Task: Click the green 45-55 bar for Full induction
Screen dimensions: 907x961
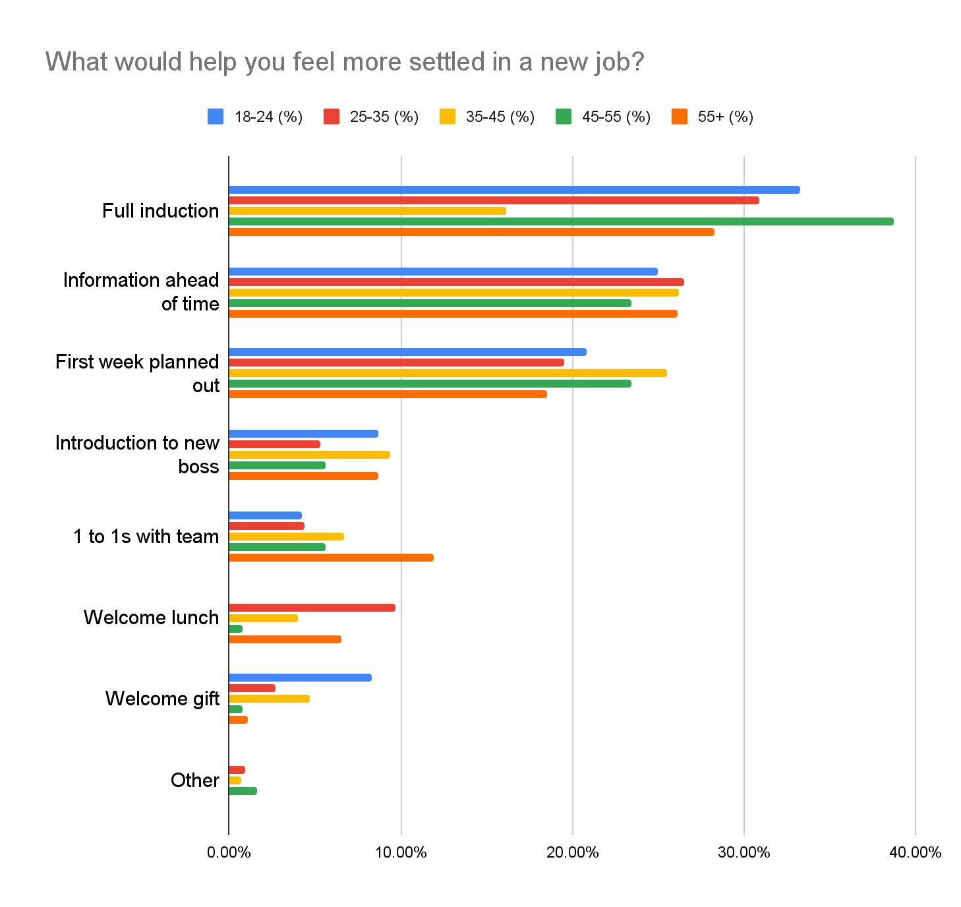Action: [x=560, y=221]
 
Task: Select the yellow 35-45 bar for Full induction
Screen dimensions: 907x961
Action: [x=367, y=211]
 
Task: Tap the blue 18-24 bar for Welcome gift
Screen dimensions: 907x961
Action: [x=300, y=678]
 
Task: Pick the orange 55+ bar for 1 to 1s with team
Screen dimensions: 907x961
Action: [x=331, y=558]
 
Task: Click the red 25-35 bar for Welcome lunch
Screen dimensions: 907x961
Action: [x=312, y=608]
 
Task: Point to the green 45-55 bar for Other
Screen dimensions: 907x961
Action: [x=243, y=791]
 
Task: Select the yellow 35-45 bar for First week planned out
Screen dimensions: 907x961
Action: [x=448, y=373]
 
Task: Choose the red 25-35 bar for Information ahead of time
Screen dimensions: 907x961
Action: [x=456, y=282]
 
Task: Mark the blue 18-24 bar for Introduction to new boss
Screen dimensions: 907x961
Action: [x=303, y=434]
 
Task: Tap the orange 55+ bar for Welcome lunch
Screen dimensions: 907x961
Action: [x=285, y=639]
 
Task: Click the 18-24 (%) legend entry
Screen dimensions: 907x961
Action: [x=255, y=117]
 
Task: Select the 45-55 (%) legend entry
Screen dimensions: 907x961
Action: [x=602, y=117]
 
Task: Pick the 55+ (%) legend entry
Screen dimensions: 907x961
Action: [x=713, y=117]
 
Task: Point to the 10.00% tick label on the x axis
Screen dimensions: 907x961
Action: [x=401, y=852]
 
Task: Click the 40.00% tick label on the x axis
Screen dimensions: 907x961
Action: [x=915, y=852]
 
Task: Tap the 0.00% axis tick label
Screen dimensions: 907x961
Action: [x=229, y=852]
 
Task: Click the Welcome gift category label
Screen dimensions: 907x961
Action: [x=162, y=698]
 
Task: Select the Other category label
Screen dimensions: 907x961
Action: [x=194, y=780]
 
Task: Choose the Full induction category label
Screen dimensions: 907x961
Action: [x=160, y=211]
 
